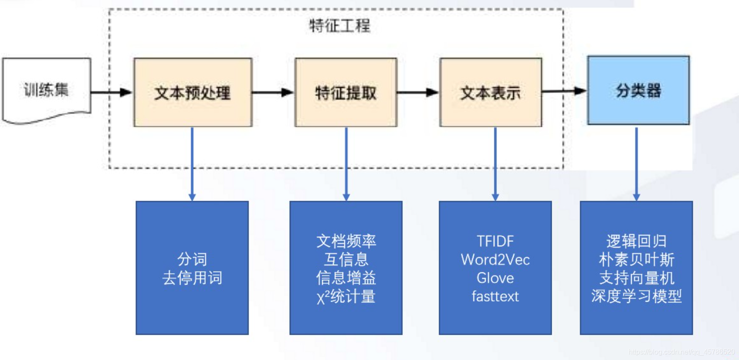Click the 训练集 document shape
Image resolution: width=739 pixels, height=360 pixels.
[46, 90]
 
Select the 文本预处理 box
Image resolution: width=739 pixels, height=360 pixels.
[193, 92]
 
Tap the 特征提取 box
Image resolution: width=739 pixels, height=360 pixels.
[346, 92]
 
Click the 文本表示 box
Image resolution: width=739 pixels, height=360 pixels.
[491, 92]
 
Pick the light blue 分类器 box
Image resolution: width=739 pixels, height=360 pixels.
[638, 90]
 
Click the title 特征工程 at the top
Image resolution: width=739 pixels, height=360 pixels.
[339, 26]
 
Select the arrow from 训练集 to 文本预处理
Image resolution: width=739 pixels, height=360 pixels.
[111, 92]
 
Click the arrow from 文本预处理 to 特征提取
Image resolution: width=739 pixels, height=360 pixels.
[273, 92]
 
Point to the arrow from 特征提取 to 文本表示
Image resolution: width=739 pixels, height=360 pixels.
[417, 92]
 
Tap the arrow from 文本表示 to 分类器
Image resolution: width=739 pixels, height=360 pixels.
[564, 91]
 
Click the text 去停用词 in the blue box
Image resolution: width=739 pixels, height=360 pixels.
[192, 278]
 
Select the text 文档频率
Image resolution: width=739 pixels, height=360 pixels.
[346, 241]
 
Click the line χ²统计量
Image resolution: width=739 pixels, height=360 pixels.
[346, 297]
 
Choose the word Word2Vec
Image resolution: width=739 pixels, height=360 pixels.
[495, 260]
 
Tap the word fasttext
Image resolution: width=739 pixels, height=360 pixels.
[495, 296]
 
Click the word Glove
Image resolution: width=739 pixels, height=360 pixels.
[495, 278]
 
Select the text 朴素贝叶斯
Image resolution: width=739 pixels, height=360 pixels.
[636, 260]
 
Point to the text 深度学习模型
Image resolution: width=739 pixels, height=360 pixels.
[636, 296]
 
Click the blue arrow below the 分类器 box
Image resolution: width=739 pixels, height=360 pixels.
[636, 163]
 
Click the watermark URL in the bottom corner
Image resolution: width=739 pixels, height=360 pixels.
[681, 352]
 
